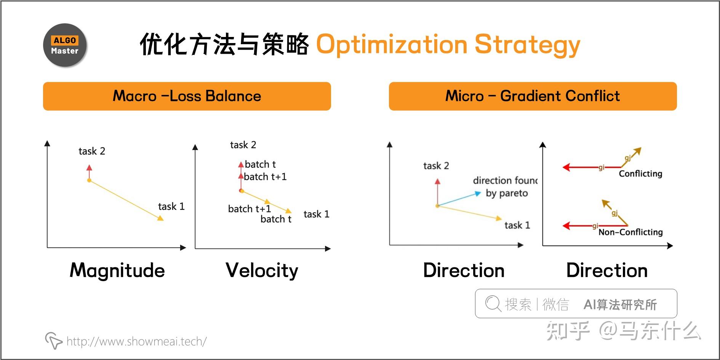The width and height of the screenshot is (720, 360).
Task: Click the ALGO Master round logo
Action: click(65, 45)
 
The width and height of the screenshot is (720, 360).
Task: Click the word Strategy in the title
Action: click(527, 45)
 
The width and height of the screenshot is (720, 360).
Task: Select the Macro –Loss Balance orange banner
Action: click(187, 96)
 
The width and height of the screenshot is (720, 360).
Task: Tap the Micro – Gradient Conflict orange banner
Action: click(533, 96)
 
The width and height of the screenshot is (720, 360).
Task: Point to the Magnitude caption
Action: click(117, 270)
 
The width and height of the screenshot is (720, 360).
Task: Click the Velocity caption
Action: click(262, 270)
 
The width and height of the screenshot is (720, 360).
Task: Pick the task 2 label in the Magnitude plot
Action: click(91, 151)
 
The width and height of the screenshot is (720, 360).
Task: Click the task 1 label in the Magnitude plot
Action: click(171, 206)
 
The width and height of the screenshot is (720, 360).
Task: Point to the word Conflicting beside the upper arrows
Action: click(640, 174)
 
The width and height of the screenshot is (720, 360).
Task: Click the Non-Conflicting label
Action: click(630, 232)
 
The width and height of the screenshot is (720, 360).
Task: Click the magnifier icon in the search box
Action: click(493, 304)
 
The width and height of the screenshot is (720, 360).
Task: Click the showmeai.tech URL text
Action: click(136, 341)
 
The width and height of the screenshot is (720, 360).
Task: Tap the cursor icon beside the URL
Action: click(53, 340)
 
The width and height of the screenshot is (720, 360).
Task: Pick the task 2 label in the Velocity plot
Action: click(243, 145)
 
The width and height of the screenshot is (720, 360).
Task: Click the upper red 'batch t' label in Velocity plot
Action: click(260, 164)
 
